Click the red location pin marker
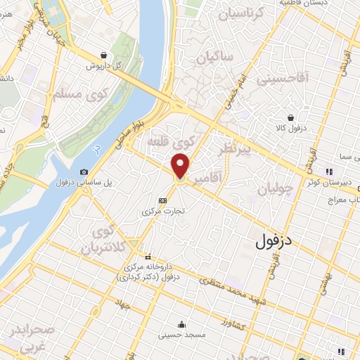pos(181,167)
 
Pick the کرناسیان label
pos(259,14)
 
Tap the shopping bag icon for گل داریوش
pos(104,54)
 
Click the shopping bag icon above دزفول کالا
pos(290,118)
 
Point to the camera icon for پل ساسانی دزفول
pos(84,172)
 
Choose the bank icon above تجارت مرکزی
pos(163,200)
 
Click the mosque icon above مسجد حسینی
pos(182,324)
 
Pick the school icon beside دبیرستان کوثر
pos(328,171)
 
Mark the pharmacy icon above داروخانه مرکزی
pos(147,256)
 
